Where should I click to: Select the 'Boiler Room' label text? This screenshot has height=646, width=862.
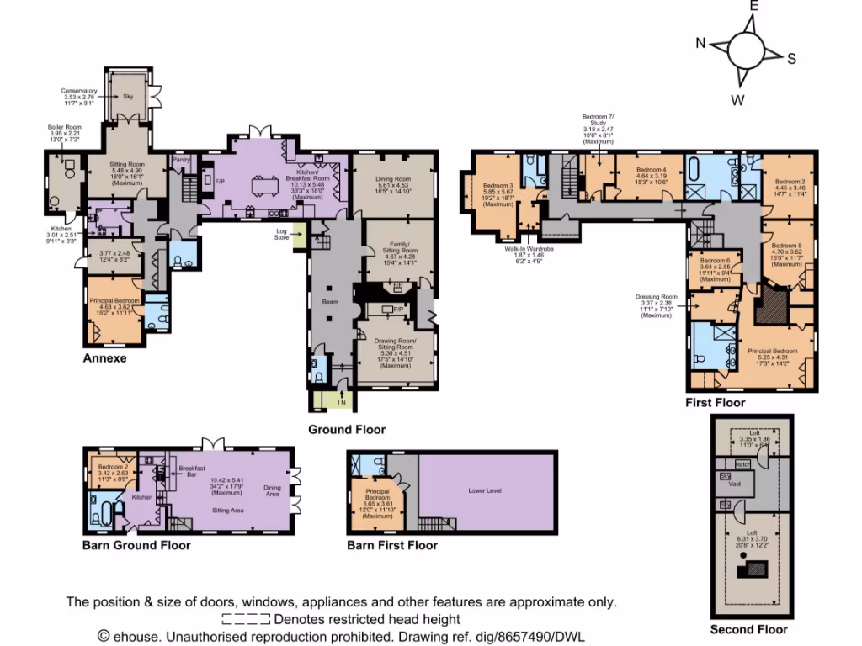pyautogui.click(x=63, y=127)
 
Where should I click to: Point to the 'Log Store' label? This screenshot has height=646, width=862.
pyautogui.click(x=283, y=233)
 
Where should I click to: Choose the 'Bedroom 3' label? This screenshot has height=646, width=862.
pyautogui.click(x=498, y=186)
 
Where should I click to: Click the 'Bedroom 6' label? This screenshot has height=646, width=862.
pyautogui.click(x=714, y=262)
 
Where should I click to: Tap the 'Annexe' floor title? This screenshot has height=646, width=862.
pyautogui.click(x=104, y=357)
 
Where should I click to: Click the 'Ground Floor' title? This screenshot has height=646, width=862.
pyautogui.click(x=346, y=430)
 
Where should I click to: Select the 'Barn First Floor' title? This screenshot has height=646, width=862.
pyautogui.click(x=391, y=545)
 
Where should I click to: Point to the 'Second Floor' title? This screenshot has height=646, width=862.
pyautogui.click(x=748, y=629)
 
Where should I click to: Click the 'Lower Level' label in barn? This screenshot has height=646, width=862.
pyautogui.click(x=485, y=490)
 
